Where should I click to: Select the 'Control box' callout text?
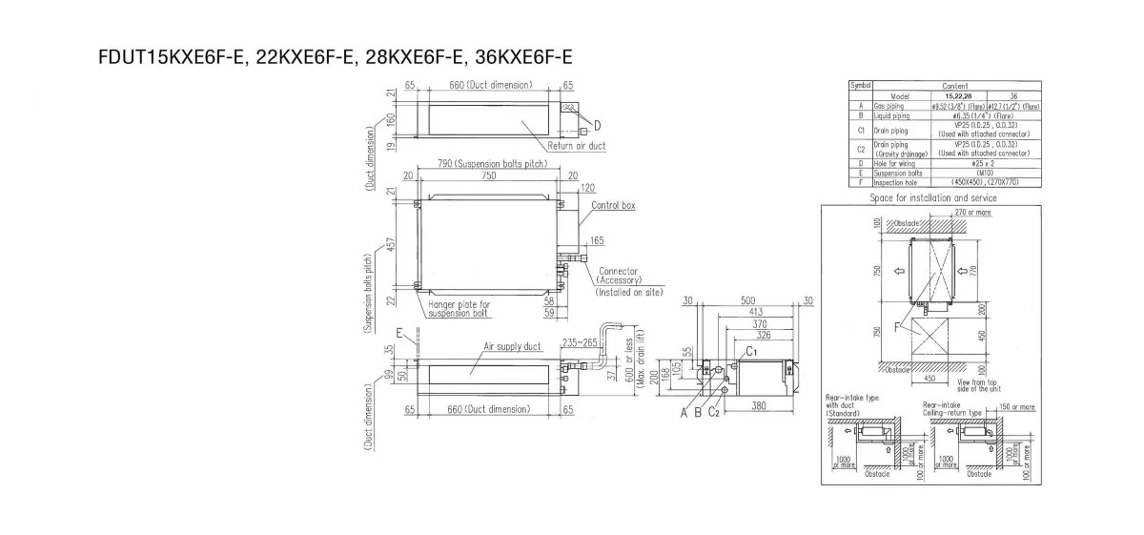[613, 205]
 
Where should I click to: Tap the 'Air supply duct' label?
[512, 348]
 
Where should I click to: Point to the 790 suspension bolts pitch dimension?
[486, 163]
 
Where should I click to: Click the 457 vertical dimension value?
[391, 245]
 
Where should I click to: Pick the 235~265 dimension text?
[581, 342]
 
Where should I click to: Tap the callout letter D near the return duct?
[597, 126]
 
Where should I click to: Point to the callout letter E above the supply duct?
[400, 334]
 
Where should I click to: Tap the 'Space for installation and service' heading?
[930, 197]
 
